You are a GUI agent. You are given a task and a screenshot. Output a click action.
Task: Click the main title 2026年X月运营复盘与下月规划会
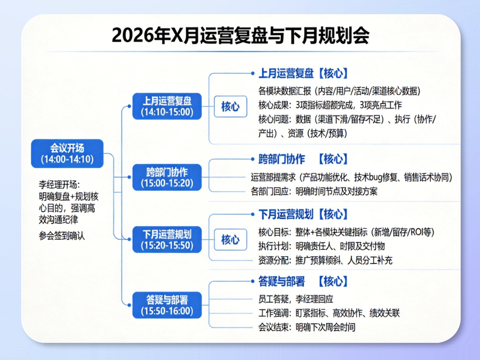(240, 36)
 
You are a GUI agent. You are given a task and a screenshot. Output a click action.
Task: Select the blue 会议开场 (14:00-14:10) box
(67, 154)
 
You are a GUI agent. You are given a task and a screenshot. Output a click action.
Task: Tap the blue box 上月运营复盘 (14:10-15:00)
(167, 106)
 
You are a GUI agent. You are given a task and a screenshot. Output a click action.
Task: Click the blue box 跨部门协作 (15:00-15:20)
(167, 177)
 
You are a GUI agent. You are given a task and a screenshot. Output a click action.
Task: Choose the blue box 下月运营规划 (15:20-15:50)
(167, 240)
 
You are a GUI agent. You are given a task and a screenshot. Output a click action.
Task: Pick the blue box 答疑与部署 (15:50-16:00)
(167, 305)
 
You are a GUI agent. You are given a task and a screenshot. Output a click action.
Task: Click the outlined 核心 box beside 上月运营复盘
(231, 107)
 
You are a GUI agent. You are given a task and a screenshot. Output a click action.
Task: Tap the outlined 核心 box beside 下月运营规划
(231, 240)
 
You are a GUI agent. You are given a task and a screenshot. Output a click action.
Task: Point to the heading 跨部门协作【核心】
(303, 159)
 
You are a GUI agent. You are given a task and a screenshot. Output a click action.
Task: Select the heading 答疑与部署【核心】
(303, 281)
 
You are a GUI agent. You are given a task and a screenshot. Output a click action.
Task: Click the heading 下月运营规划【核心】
(303, 214)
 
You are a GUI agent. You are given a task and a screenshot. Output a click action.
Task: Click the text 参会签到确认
(62, 236)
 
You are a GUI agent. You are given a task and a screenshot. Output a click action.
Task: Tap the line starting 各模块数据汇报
(339, 91)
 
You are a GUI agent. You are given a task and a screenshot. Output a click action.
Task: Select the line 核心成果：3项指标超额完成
(330, 105)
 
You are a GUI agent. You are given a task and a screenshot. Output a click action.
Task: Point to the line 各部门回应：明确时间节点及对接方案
(314, 192)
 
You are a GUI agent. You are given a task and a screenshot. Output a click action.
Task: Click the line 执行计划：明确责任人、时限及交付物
(321, 246)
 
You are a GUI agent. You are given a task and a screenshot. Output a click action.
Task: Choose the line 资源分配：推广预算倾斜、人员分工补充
(325, 261)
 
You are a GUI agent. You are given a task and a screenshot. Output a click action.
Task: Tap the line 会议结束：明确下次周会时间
(307, 327)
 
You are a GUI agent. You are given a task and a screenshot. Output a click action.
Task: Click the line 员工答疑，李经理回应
(296, 299)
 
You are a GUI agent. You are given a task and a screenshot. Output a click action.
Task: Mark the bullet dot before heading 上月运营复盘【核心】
(252, 73)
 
